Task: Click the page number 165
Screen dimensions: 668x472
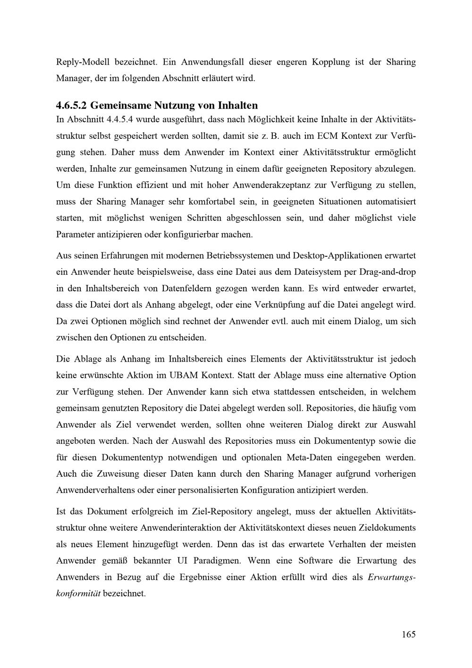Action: coord(409,634)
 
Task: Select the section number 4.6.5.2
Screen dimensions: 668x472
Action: coord(71,104)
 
